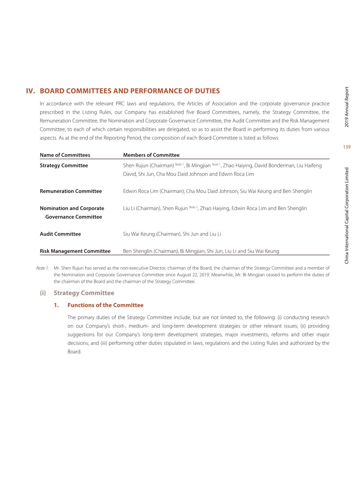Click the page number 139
347,147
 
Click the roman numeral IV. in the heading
31,91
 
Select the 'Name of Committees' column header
65,155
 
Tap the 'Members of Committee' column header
151,155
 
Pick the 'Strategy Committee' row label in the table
64,165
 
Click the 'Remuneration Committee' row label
71,191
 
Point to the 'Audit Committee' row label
60,234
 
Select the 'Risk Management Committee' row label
75,251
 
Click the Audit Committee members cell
172,234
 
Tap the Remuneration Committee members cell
217,191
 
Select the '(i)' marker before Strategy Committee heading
43,293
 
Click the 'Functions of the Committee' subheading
105,305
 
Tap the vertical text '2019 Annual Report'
347,107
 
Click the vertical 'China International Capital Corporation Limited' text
347,215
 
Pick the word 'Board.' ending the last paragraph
75,352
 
